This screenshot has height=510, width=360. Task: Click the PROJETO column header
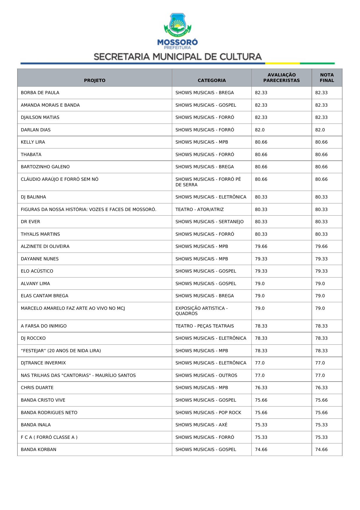[x=95, y=80]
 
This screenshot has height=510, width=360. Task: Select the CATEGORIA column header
[x=212, y=80]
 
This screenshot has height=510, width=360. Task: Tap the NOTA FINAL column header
[x=327, y=78]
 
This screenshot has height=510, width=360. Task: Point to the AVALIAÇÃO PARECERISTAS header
[x=281, y=78]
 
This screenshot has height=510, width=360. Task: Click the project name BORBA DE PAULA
[x=40, y=93]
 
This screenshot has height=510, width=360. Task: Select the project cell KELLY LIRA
[x=33, y=142]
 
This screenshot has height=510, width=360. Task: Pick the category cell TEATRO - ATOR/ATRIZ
[x=199, y=210]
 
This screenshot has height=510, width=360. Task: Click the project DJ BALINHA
[x=33, y=197]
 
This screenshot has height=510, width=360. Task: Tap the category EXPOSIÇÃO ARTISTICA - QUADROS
[x=201, y=311]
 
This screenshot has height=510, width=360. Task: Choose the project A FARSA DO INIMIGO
[x=44, y=326]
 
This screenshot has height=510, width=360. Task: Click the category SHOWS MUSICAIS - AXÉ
[x=201, y=425]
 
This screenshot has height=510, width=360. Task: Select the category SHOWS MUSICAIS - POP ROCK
[x=208, y=413]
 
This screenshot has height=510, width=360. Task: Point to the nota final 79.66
[x=321, y=246]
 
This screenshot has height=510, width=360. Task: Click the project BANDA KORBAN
[x=39, y=450]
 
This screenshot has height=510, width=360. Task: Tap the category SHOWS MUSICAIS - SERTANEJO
[x=209, y=222]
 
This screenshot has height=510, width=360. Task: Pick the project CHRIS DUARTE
[x=37, y=388]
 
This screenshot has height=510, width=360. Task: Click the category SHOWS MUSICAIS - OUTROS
[x=206, y=375]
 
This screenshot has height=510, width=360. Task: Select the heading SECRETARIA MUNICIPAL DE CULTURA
[x=178, y=57]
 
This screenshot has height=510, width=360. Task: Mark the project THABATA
[x=31, y=155]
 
